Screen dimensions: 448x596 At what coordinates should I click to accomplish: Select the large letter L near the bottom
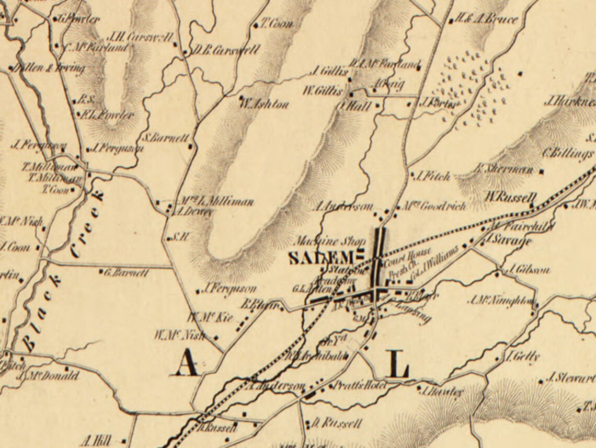pos(398,364)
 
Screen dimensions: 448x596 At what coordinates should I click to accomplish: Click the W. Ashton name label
pos(264,105)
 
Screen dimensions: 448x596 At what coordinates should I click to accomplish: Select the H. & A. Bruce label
pos(487,20)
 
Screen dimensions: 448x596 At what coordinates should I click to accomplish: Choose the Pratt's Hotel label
pos(361,385)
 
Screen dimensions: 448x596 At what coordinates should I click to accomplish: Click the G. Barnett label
pos(126,272)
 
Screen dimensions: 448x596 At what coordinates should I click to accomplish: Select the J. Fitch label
pos(433,177)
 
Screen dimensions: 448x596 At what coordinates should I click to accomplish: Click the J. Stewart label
pos(570,377)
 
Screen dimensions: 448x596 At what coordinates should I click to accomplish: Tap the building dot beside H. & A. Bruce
pos(451,21)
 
